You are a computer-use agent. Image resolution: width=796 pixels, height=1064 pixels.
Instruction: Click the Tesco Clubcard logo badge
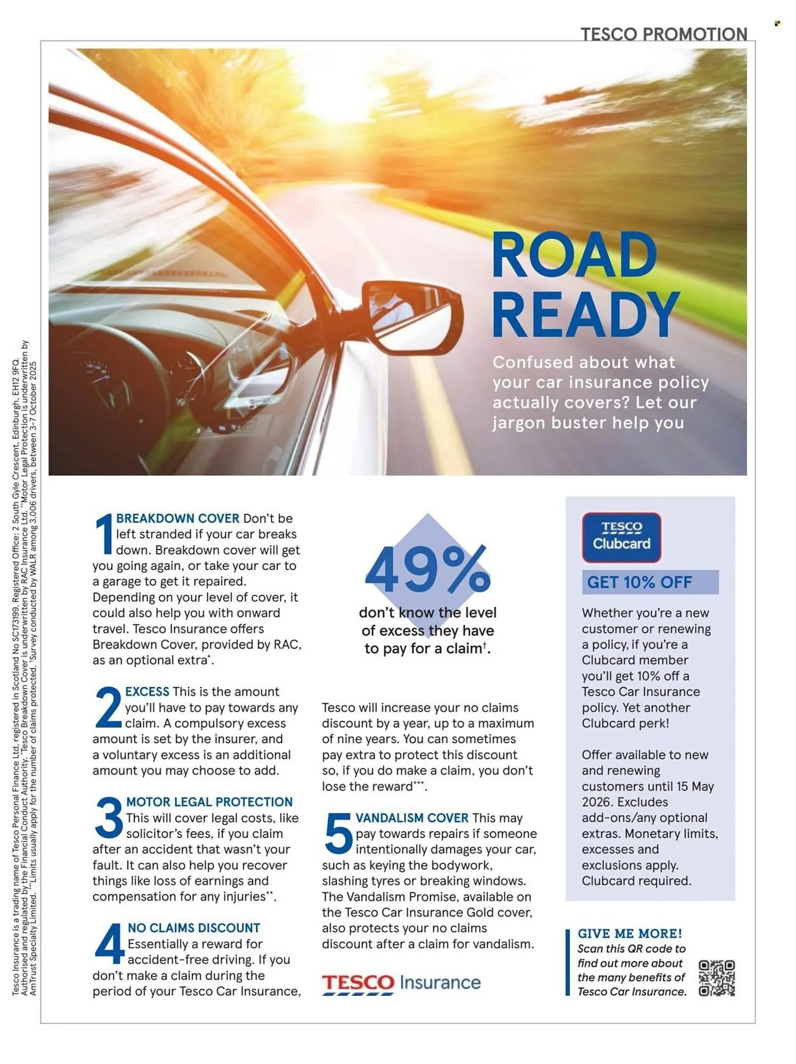point(621,537)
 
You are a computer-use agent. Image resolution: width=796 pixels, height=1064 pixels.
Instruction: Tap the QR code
point(716,978)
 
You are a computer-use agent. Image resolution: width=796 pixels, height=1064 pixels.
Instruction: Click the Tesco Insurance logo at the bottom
point(401,983)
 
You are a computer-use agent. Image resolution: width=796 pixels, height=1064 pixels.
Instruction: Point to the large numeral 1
point(104,534)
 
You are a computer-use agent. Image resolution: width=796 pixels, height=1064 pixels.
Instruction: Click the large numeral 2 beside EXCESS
point(109,708)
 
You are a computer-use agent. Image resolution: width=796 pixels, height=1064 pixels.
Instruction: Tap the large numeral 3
point(109,818)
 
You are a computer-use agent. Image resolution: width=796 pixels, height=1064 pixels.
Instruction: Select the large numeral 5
point(338,834)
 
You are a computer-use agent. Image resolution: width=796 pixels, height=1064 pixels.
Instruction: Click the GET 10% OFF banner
point(649,582)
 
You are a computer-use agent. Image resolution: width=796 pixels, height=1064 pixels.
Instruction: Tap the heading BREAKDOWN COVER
point(178,518)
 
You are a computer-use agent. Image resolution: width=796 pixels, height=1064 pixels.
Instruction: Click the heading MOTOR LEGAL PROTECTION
point(209,802)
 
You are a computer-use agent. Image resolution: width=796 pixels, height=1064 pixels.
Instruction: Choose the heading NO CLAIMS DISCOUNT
point(194,928)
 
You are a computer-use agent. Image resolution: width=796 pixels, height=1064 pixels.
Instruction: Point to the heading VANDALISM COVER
point(412,818)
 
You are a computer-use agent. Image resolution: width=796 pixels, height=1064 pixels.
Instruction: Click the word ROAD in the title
point(575,255)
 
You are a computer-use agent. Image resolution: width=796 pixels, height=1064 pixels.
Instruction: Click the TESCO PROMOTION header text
point(664,34)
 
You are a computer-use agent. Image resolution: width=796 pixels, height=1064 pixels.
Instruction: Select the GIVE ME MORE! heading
point(629,933)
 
